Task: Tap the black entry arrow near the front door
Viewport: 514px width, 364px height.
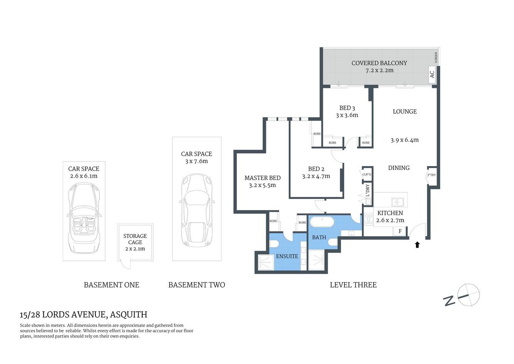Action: [x=417, y=245]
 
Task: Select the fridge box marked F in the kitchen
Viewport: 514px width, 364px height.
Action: [x=400, y=231]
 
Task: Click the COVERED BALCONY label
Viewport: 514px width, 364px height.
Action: [x=379, y=63]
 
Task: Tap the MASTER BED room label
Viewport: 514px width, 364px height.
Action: [x=262, y=178]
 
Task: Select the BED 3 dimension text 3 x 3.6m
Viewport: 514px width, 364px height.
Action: [x=347, y=115]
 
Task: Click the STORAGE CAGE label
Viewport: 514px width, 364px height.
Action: [x=135, y=239]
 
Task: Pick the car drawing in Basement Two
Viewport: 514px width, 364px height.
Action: [x=196, y=210]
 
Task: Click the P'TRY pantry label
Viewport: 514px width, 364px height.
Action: [x=431, y=175]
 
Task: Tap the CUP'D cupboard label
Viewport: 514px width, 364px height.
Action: [x=366, y=174]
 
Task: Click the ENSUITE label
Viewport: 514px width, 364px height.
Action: [x=287, y=256]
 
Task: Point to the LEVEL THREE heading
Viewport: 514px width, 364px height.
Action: [x=353, y=285]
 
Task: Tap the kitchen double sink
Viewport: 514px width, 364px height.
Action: [x=397, y=201]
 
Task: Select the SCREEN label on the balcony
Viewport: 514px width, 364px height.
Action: [x=436, y=58]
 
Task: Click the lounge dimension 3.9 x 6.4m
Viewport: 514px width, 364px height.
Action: [x=404, y=140]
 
